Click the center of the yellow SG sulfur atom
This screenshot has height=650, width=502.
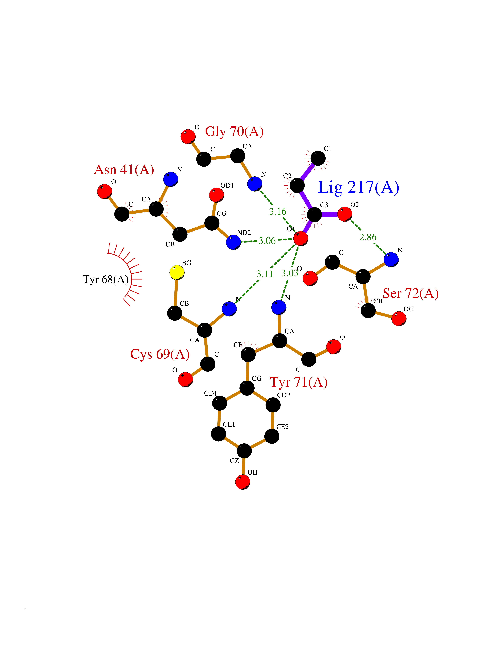coord(177,272)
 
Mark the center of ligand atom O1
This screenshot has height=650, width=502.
coord(301,238)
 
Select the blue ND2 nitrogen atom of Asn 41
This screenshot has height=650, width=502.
coord(233,242)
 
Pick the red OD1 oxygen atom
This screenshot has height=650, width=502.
coord(217,195)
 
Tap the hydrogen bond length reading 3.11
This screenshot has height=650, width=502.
coord(265,274)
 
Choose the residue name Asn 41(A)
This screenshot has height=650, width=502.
coord(124,170)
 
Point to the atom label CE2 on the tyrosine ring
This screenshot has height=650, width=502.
coord(283,427)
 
